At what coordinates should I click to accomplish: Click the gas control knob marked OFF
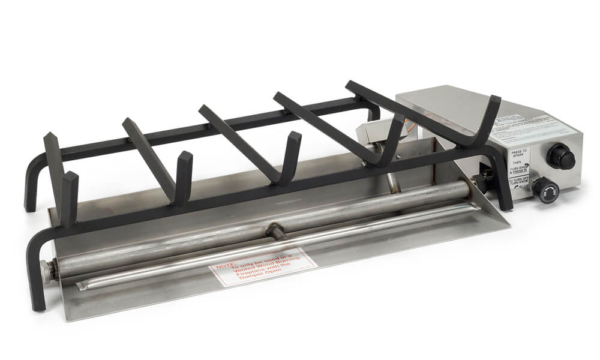coord(545,190)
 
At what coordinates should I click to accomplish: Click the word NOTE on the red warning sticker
coord(224,263)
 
